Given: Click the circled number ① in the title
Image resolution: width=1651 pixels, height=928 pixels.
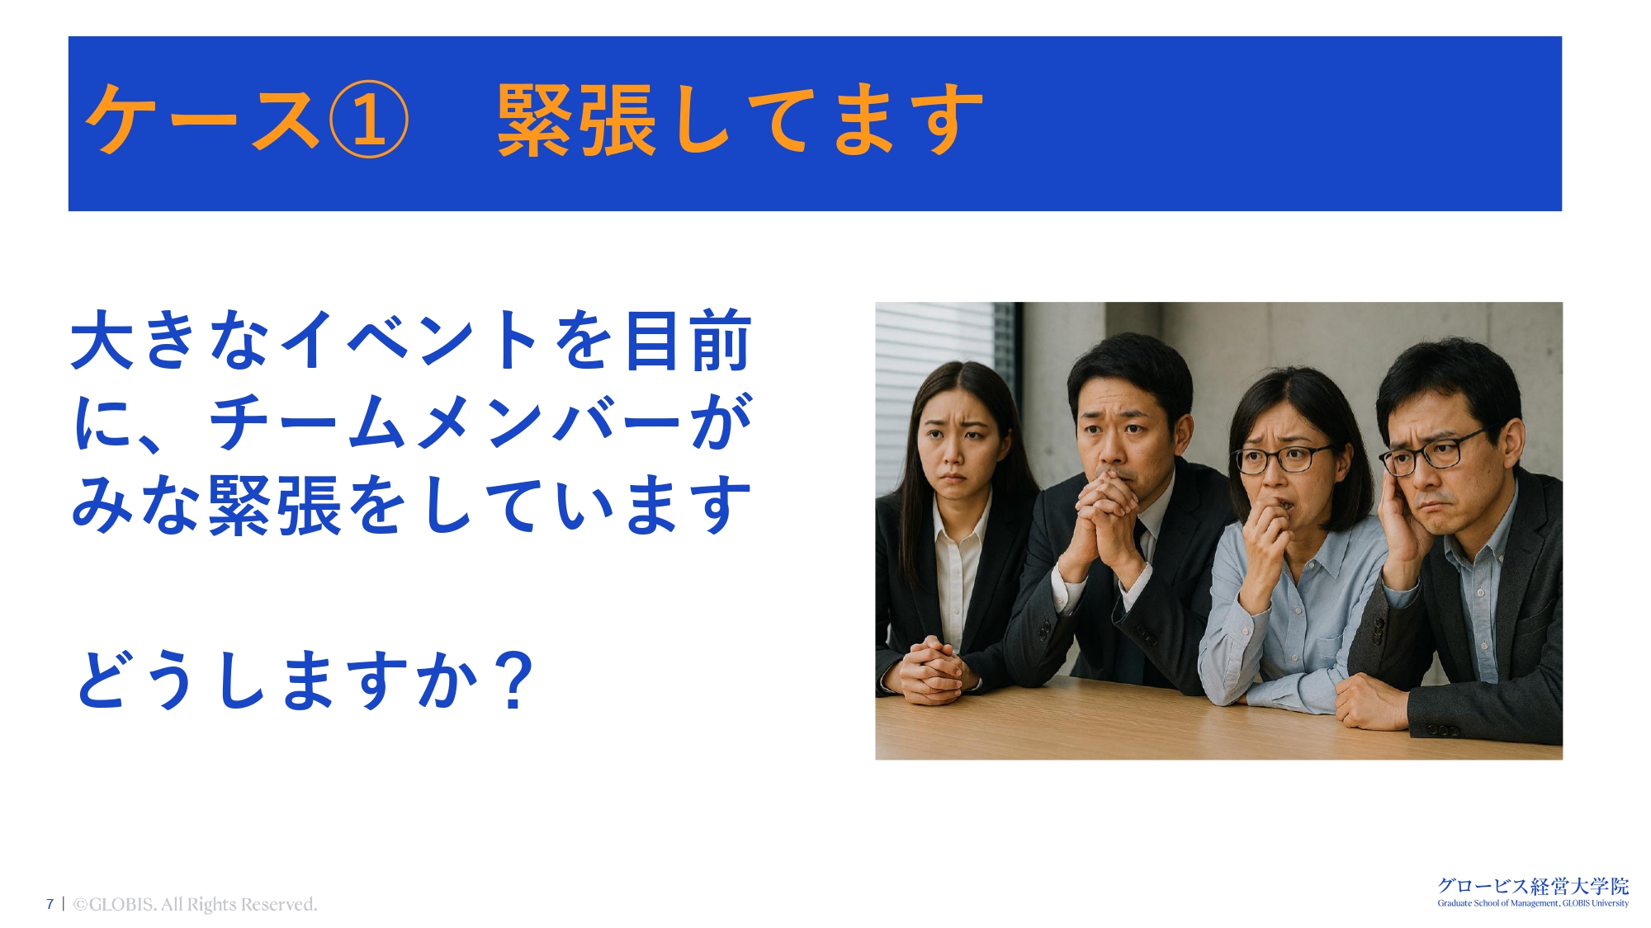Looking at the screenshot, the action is [368, 120].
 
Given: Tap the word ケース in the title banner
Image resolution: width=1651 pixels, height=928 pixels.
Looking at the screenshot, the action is [202, 120].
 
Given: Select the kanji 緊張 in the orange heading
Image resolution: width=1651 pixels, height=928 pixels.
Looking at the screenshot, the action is [577, 120].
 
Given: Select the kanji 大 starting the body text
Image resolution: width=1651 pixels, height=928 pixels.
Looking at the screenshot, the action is [102, 340].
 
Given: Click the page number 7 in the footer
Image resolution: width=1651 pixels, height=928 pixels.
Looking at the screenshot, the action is [50, 904].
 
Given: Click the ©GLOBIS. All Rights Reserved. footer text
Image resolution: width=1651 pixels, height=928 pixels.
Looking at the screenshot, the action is [195, 904].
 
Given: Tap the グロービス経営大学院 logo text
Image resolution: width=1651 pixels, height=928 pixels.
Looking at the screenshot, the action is [1533, 886].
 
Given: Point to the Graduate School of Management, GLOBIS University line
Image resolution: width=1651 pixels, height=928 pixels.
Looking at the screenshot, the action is [1533, 903].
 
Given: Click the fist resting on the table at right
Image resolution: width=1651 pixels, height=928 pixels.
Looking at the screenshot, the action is [1370, 701].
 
